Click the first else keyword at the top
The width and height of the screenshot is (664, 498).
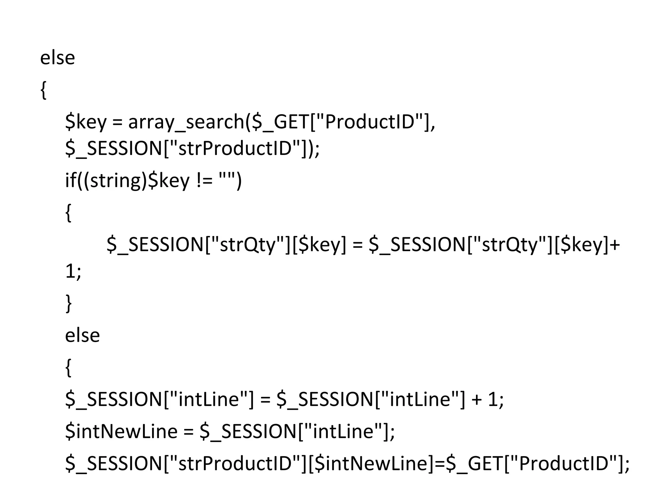pos(57,58)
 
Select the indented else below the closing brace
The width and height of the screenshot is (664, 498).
pos(82,335)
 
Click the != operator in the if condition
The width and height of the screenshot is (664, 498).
pos(205,180)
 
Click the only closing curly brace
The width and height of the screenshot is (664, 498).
pos(68,303)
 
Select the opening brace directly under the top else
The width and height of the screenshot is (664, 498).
pos(43,90)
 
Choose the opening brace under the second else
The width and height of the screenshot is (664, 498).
pos(68,368)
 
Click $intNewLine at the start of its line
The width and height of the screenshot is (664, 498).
pos(121,431)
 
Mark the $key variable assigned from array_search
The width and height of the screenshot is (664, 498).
pos(86,122)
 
